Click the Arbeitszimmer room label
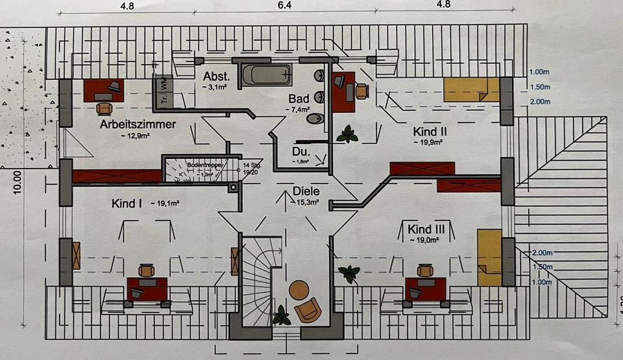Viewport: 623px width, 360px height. pyautogui.click(x=138, y=124)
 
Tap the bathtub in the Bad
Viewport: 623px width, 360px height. pyautogui.click(x=265, y=75)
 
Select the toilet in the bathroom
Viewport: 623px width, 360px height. pyautogui.click(x=315, y=119)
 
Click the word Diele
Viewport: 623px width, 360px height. pyautogui.click(x=306, y=191)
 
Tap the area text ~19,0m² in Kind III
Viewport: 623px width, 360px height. pyautogui.click(x=425, y=240)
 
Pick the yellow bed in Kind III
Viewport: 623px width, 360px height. pyautogui.click(x=488, y=257)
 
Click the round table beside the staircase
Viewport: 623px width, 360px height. pyautogui.click(x=299, y=290)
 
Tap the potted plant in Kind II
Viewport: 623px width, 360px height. pyautogui.click(x=347, y=134)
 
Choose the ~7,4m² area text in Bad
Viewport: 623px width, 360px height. pyautogui.click(x=299, y=110)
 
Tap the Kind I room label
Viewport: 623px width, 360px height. pyautogui.click(x=127, y=204)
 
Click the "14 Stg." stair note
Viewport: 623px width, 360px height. pyautogui.click(x=250, y=165)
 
